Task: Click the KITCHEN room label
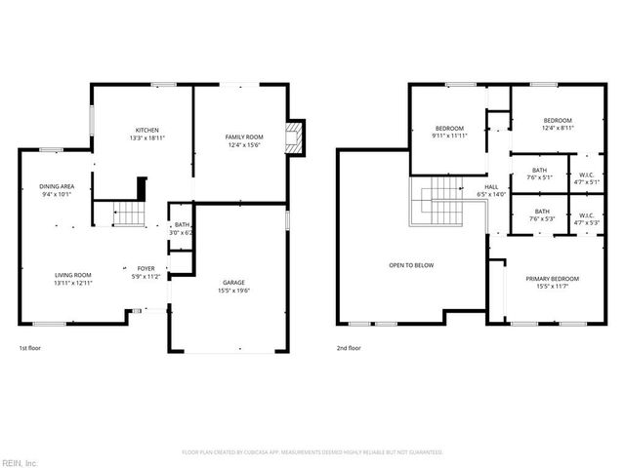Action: (146, 130)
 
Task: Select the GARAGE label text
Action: (232, 283)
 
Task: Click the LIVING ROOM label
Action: (72, 275)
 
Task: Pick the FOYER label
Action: (146, 268)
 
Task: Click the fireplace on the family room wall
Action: (294, 137)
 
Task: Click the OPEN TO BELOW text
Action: (411, 265)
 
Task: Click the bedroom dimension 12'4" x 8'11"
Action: (558, 128)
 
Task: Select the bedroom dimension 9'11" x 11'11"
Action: (449, 136)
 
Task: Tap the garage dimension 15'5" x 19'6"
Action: (232, 291)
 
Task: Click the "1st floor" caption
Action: (30, 348)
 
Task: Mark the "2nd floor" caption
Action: (349, 348)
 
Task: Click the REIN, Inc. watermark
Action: (20, 461)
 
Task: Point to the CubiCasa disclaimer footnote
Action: (312, 452)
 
